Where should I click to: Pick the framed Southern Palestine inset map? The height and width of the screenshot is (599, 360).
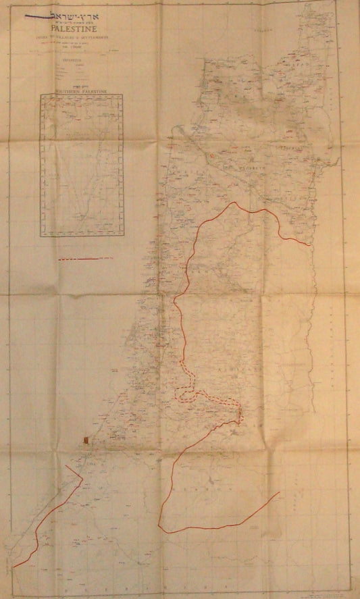(x=82, y=165)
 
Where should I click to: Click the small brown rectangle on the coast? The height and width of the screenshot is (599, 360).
(x=85, y=440)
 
